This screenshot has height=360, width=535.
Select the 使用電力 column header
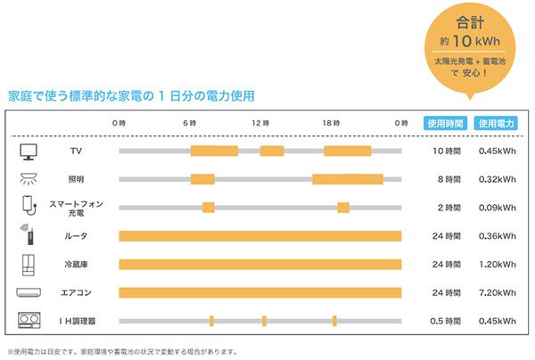pos(495,123)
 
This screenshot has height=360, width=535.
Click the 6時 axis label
pos(189,122)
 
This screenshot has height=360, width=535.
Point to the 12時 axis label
pos(259,122)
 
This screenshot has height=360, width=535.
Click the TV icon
pos(28,151)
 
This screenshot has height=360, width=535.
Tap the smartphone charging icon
pos(27,206)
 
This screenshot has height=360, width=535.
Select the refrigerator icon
pos(27,264)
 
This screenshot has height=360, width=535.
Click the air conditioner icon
pos(28,292)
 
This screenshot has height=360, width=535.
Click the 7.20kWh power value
pos(495,292)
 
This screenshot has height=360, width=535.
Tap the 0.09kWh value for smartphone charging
pos(495,208)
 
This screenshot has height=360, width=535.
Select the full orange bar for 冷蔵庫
pos(259,265)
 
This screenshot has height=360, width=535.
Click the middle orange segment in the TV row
pos(271,151)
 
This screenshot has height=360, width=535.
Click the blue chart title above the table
pos(130,95)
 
